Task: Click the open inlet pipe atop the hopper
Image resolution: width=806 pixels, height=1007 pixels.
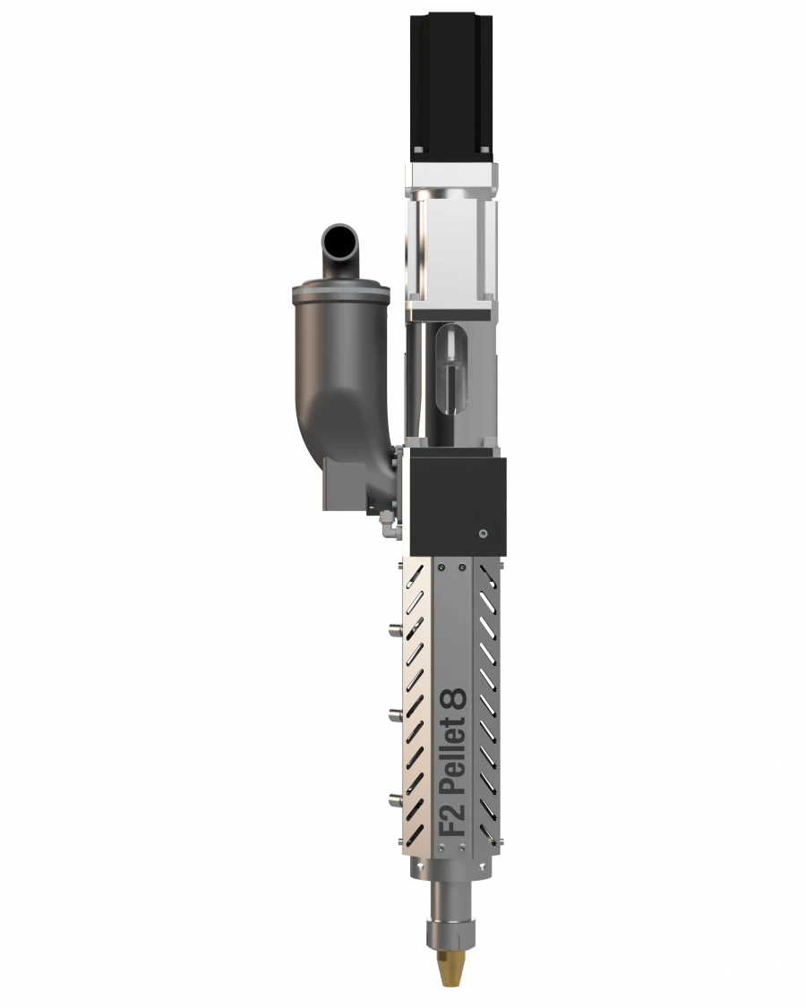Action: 339,241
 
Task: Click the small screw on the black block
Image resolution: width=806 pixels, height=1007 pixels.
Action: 483,533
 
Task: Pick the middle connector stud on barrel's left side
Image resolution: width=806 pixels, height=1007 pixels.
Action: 392,713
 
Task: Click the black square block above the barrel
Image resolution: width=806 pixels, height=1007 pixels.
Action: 455,500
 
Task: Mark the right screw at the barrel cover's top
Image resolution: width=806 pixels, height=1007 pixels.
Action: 462,567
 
